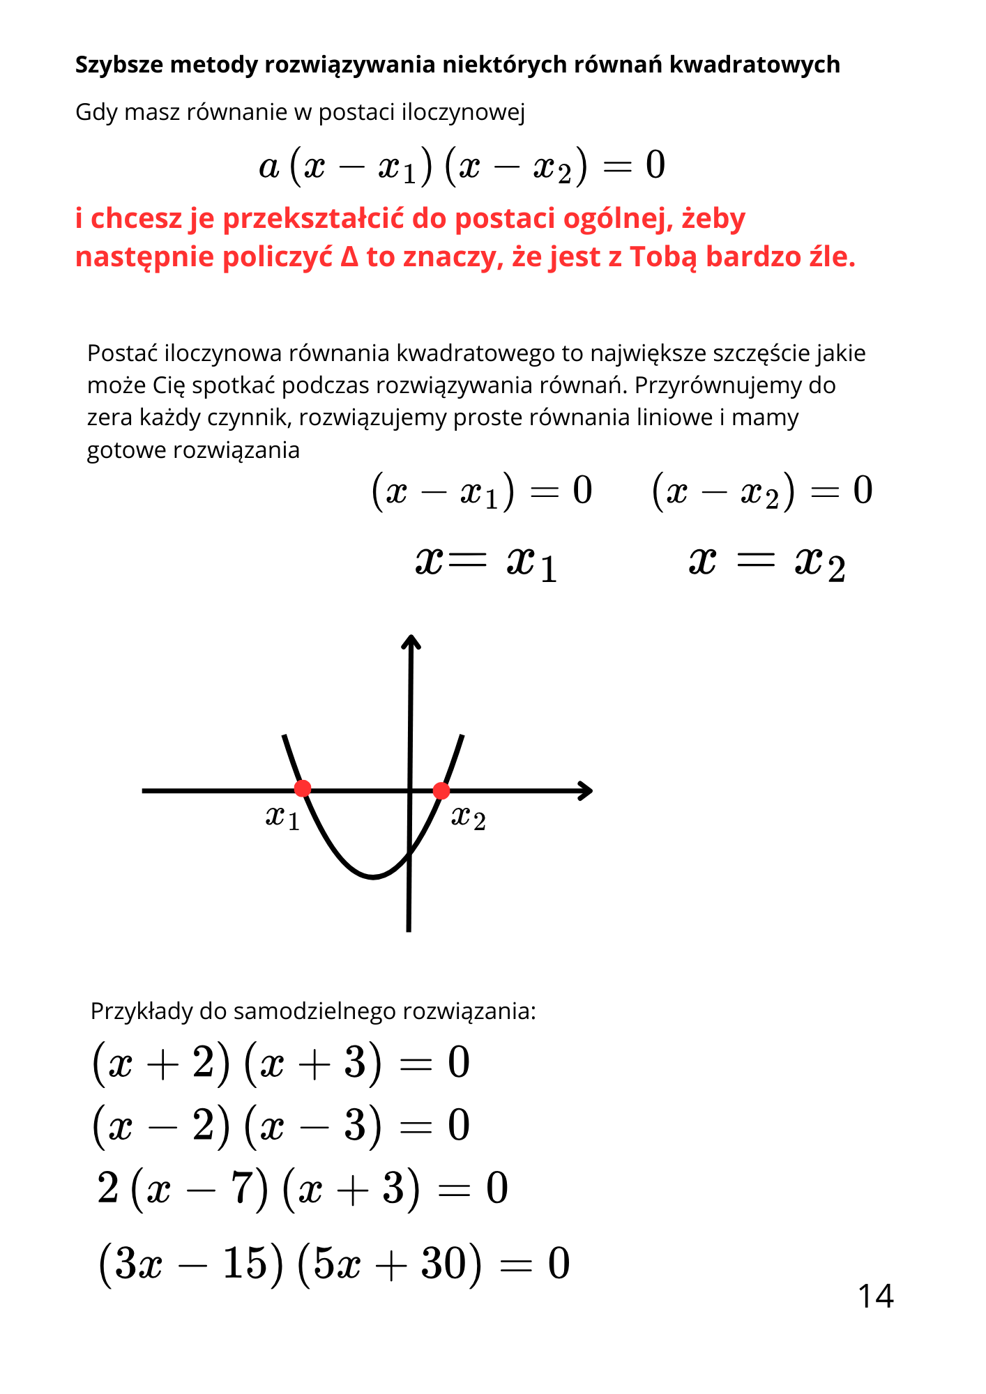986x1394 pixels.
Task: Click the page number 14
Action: coord(875,1296)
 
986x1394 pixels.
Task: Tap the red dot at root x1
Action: coord(303,788)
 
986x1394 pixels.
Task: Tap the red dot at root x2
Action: coord(441,790)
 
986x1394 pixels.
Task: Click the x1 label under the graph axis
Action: coord(282,817)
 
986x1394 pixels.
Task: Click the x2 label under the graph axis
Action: coord(468,817)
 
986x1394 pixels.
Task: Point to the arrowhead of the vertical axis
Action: coord(411,640)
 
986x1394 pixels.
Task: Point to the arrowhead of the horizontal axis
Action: coord(588,790)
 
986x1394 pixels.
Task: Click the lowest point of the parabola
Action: coord(373,878)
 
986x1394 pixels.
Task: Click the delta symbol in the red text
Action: coord(349,257)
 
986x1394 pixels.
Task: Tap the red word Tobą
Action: coord(663,257)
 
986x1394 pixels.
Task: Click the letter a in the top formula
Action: coord(268,167)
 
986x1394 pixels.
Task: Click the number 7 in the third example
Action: coord(241,1188)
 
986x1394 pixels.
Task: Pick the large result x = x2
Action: coord(767,562)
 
